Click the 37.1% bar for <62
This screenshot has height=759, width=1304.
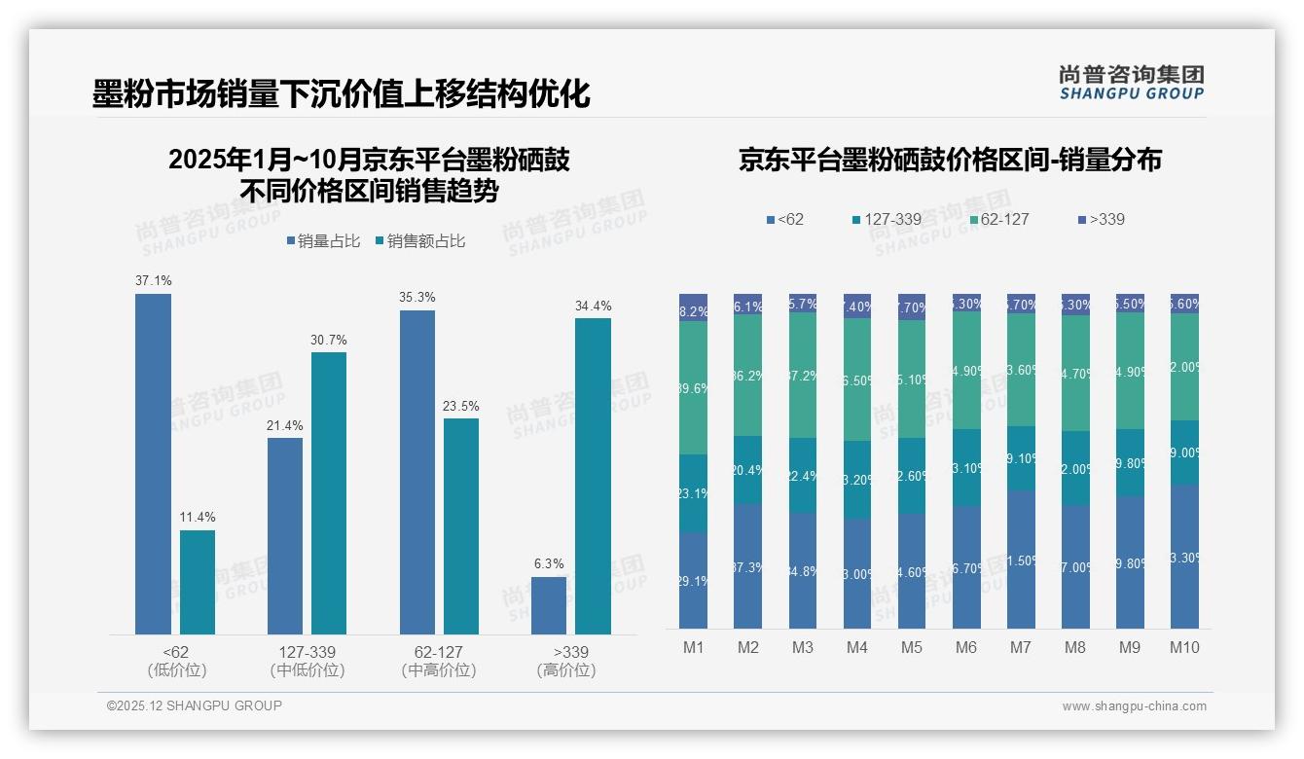coord(153,464)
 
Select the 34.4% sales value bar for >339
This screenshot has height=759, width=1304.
coord(593,476)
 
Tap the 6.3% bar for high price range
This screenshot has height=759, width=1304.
coord(548,605)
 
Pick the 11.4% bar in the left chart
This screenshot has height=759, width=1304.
coord(198,582)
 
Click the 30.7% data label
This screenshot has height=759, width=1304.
coord(329,341)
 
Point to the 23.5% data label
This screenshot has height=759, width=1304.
coord(461,406)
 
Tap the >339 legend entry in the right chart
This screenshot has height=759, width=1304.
coord(1101,219)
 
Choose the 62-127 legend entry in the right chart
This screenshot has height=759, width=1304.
coord(997,219)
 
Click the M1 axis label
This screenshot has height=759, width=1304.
coord(693,648)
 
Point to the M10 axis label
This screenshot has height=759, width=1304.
coord(1184,648)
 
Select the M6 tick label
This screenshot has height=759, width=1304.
coord(966,648)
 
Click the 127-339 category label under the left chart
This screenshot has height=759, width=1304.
coord(308,652)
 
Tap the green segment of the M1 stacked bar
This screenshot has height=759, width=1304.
coord(693,387)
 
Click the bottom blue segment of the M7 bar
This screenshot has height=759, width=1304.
coord(1021,559)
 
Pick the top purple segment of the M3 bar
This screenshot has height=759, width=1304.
coord(802,303)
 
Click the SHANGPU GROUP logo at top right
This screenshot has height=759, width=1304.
coord(1131,83)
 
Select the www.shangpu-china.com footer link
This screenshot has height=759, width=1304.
coord(1134,706)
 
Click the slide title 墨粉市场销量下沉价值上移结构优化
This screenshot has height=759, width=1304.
coord(341,94)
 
